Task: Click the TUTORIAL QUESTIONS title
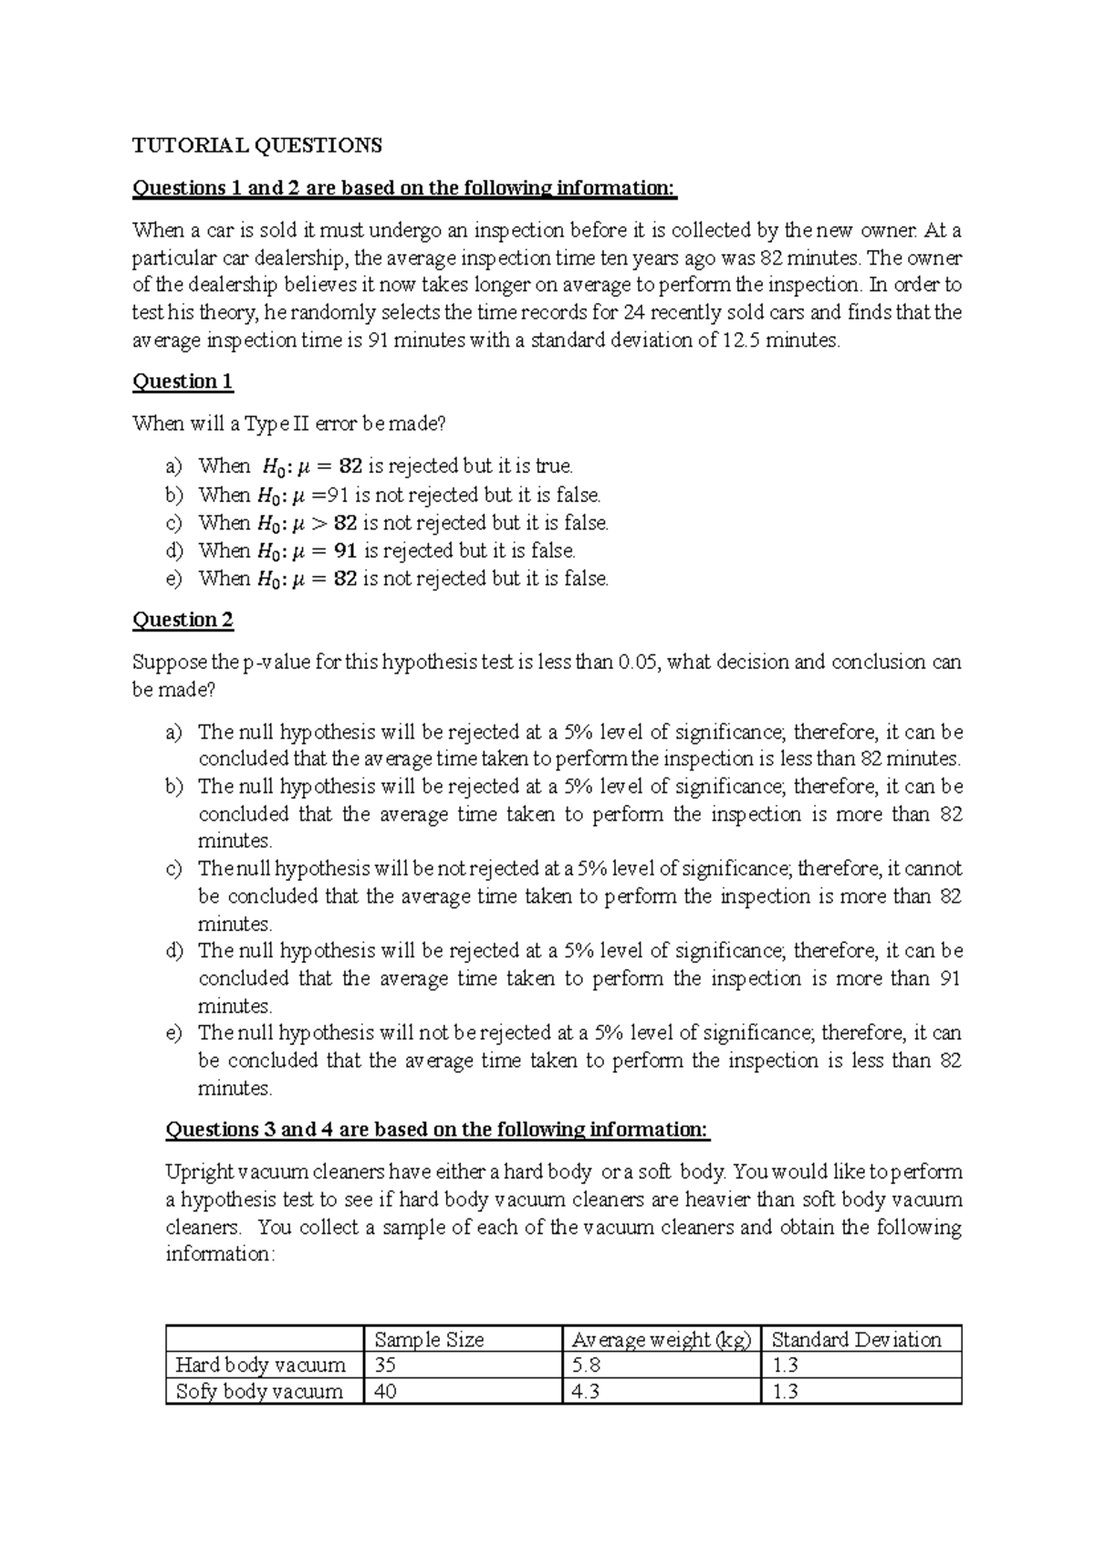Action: pos(257,145)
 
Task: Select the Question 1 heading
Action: pos(182,382)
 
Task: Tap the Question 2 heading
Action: pos(182,620)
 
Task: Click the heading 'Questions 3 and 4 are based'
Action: pos(436,1130)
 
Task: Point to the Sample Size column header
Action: pos(429,1340)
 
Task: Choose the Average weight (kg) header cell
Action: pos(661,1340)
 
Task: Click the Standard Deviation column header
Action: pos(856,1340)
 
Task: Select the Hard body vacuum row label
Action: pos(260,1365)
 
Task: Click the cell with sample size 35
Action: pos(386,1365)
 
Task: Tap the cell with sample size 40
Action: pos(386,1392)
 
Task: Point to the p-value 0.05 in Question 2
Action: pos(638,663)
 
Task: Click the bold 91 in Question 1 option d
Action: pos(345,551)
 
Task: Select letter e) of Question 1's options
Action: pos(174,579)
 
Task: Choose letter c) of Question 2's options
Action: pos(174,869)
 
